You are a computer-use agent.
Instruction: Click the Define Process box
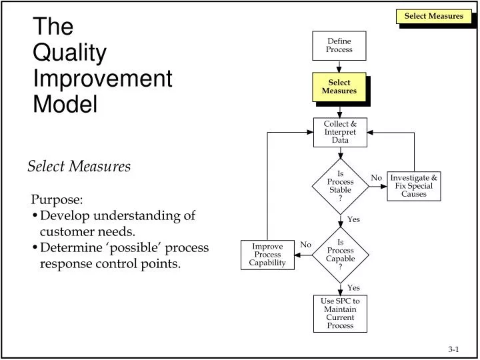339,45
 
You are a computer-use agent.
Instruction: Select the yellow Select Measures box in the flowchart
339,87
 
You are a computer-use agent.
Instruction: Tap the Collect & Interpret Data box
340,132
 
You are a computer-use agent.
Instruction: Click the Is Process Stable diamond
341,186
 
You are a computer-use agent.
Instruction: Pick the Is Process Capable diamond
341,255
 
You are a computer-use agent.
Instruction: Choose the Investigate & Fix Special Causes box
414,186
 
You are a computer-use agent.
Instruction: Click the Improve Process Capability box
267,255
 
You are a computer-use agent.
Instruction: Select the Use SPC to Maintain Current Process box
340,313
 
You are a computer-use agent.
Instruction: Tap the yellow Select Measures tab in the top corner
434,16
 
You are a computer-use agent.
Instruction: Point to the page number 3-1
453,349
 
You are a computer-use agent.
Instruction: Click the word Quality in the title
70,53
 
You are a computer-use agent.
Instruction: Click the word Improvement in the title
103,79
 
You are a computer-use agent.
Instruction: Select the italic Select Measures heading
79,166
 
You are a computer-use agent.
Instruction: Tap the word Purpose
57,199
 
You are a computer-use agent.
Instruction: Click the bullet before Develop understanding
35,215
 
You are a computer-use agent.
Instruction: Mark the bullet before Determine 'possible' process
35,247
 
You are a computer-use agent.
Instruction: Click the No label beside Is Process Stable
376,178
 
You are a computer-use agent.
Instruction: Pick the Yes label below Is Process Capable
353,288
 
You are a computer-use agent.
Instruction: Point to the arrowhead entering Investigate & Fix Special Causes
384,186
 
